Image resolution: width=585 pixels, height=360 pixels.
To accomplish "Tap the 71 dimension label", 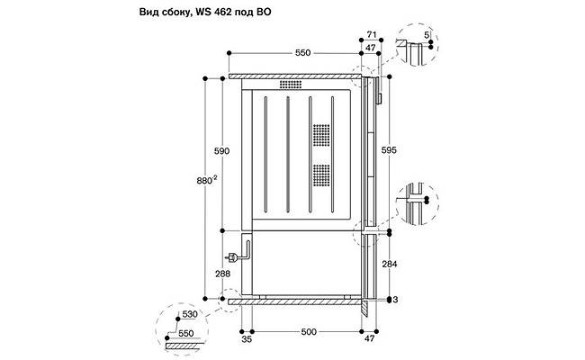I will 371,36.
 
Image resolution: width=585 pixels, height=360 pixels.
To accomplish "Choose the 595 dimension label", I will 389,150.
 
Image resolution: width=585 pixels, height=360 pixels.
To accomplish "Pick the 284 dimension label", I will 389,264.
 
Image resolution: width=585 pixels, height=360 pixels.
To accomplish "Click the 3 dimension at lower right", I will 397,299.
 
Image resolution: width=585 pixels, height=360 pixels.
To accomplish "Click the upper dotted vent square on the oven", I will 321,135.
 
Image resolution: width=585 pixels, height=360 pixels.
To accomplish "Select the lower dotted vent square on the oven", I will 321,175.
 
